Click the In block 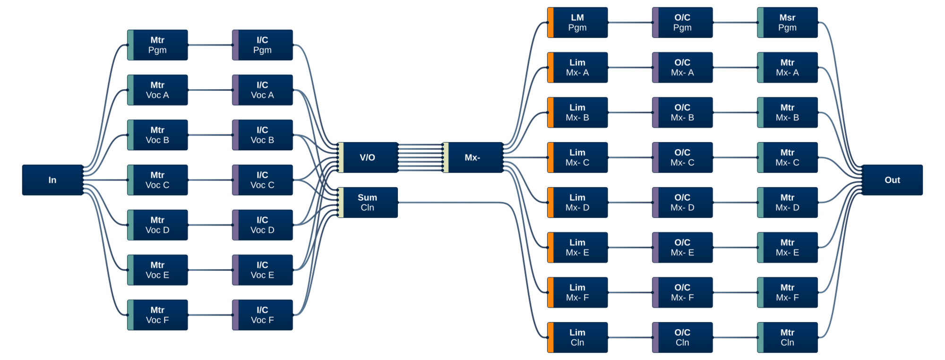click(x=52, y=180)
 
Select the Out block click(x=892, y=180)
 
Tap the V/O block click(x=368, y=157)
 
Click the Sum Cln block click(x=368, y=203)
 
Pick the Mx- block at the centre click(x=472, y=157)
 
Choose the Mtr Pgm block click(x=157, y=45)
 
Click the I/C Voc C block click(x=263, y=180)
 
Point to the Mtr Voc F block click(x=157, y=315)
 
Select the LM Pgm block click(x=577, y=22)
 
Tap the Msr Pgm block click(x=788, y=22)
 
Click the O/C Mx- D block click(x=682, y=203)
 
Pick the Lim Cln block click(x=577, y=338)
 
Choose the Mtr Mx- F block click(x=788, y=292)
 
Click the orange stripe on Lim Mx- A click(x=550, y=68)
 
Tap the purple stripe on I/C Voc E click(x=235, y=270)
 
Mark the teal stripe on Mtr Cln click(x=760, y=338)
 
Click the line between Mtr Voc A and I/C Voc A click(x=210, y=90)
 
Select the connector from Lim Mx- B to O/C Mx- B click(x=630, y=112)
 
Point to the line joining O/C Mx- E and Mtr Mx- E click(x=735, y=248)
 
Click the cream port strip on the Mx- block click(x=446, y=157)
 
